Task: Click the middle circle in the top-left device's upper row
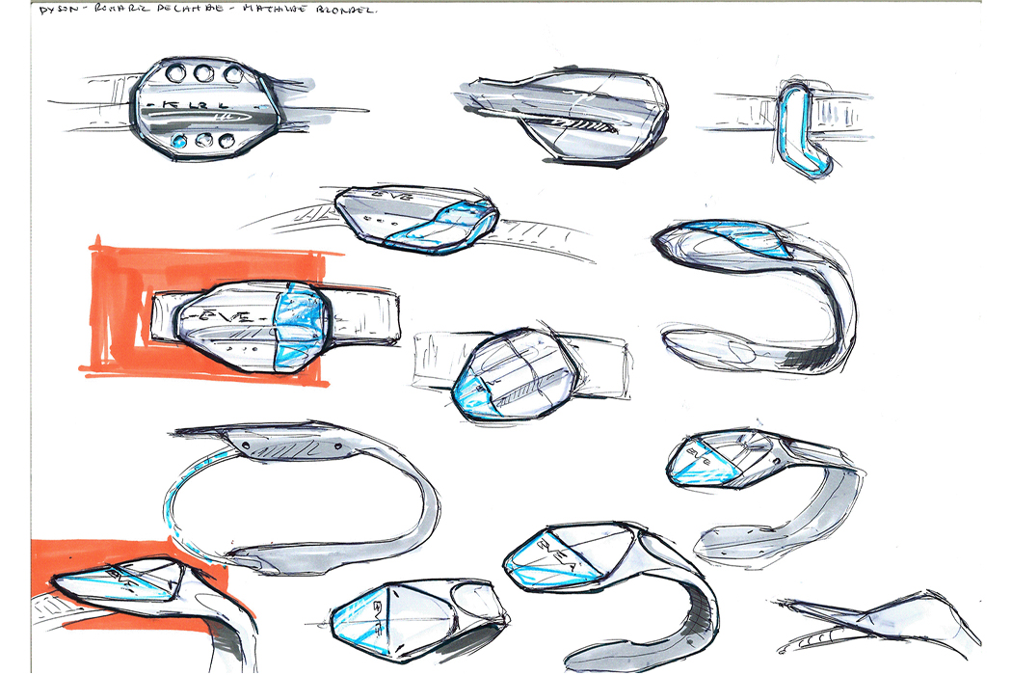pos(202,72)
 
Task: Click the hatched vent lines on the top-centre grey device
pos(578,124)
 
